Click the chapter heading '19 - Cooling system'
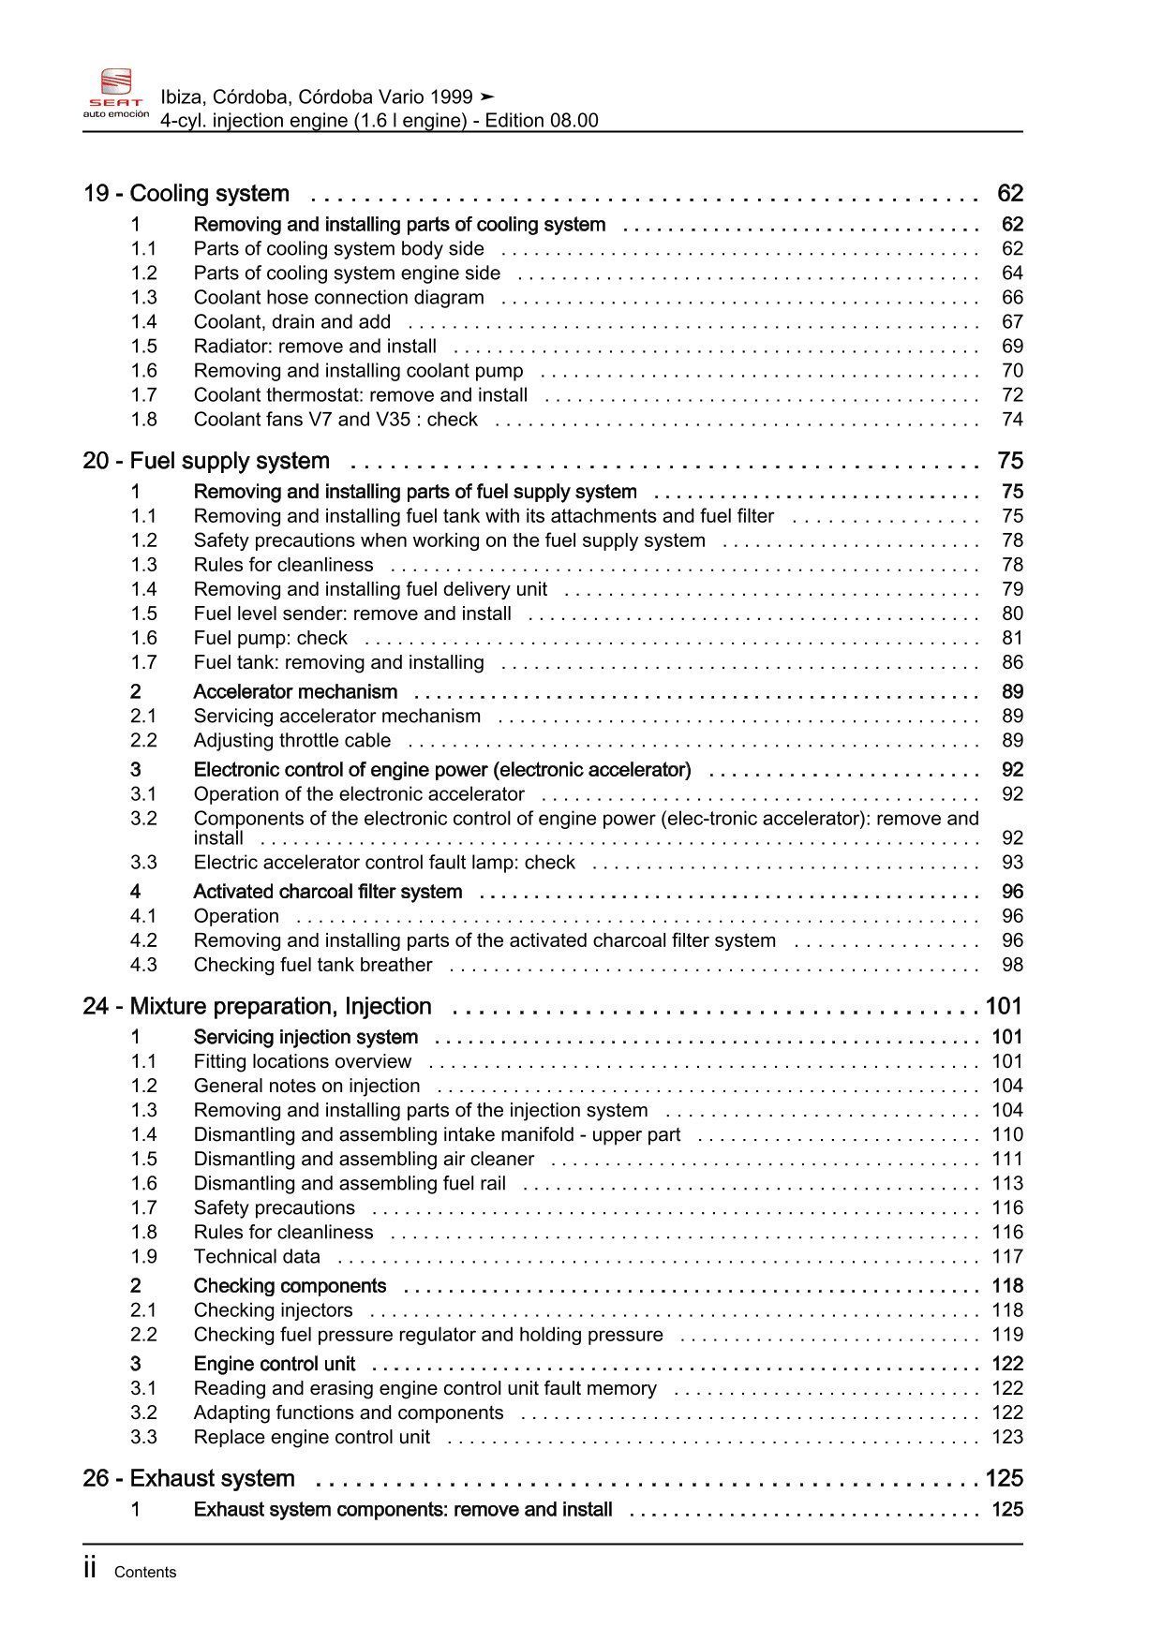[x=186, y=194]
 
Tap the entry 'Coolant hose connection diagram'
[x=338, y=298]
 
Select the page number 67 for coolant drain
[x=1012, y=322]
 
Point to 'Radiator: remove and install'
[x=315, y=347]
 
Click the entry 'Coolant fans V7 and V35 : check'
[x=335, y=420]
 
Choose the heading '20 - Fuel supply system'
[x=206, y=461]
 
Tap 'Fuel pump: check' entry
[x=270, y=638]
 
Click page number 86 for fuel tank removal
[x=1012, y=662]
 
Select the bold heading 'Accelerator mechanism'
[x=295, y=692]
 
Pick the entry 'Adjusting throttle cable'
[x=291, y=741]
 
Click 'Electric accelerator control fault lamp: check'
[x=384, y=863]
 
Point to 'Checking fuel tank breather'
[x=313, y=965]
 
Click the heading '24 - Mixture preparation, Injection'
[x=257, y=1007]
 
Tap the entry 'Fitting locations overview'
[x=302, y=1061]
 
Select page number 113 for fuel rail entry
[x=1007, y=1184]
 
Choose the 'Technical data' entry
[x=257, y=1257]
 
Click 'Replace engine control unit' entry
[x=312, y=1438]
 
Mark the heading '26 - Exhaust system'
[x=188, y=1479]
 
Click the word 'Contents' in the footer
[x=145, y=1573]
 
